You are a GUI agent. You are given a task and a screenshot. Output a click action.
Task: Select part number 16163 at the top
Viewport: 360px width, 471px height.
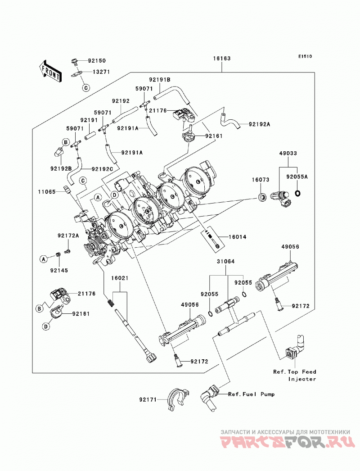[222, 58]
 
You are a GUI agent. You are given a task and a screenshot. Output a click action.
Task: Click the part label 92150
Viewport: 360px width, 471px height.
[97, 61]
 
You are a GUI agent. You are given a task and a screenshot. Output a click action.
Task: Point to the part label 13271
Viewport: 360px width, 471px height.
[101, 72]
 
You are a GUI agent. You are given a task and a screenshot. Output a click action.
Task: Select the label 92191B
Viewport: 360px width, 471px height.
[160, 80]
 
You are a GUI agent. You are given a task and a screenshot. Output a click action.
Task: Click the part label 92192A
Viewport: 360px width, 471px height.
[259, 124]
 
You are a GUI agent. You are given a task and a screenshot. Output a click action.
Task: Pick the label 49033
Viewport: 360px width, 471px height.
[288, 153]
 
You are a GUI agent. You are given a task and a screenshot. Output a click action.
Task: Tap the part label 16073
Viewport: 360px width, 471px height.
[260, 180]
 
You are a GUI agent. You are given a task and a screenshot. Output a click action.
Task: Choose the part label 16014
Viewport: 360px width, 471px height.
[238, 237]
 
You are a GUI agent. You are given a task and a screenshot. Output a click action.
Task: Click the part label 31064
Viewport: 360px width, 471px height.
[226, 262]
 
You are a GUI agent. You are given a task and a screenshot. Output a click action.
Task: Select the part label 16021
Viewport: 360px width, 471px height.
[120, 278]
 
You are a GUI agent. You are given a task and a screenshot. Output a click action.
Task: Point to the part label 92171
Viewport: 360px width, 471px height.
[148, 400]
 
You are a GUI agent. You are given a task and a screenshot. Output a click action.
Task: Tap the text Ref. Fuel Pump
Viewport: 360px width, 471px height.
[251, 394]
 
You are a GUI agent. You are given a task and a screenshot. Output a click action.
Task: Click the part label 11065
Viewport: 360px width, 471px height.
[47, 192]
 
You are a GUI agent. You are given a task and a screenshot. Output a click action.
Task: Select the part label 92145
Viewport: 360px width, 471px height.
[59, 270]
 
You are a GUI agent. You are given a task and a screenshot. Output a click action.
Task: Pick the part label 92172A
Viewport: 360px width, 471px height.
[68, 236]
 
